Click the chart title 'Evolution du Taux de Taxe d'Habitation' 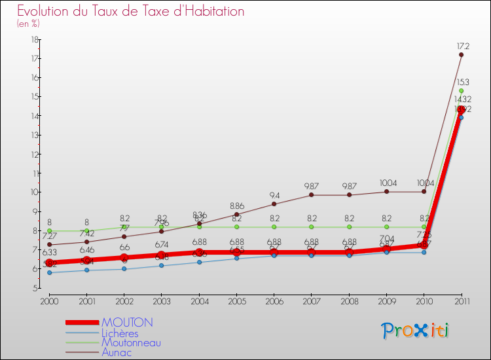point(131,12)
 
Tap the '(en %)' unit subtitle point(28,24)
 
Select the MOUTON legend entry point(127,323)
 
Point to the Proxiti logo point(416,331)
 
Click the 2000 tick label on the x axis point(49,300)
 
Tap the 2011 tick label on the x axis point(461,300)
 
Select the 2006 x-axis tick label point(274,300)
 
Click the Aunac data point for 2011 point(461,54)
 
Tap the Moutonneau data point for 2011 point(461,91)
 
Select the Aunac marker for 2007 point(311,195)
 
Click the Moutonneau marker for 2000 point(49,231)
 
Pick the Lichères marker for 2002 point(124,269)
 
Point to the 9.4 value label point(274,195)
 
